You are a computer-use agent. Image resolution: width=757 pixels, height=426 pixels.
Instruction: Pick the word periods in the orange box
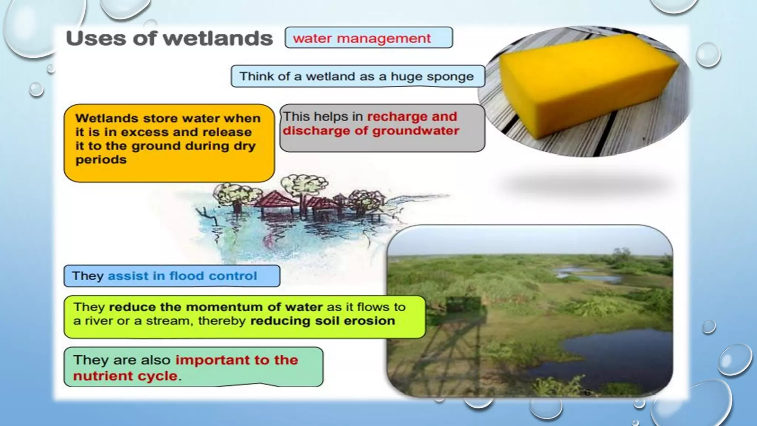(101, 160)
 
